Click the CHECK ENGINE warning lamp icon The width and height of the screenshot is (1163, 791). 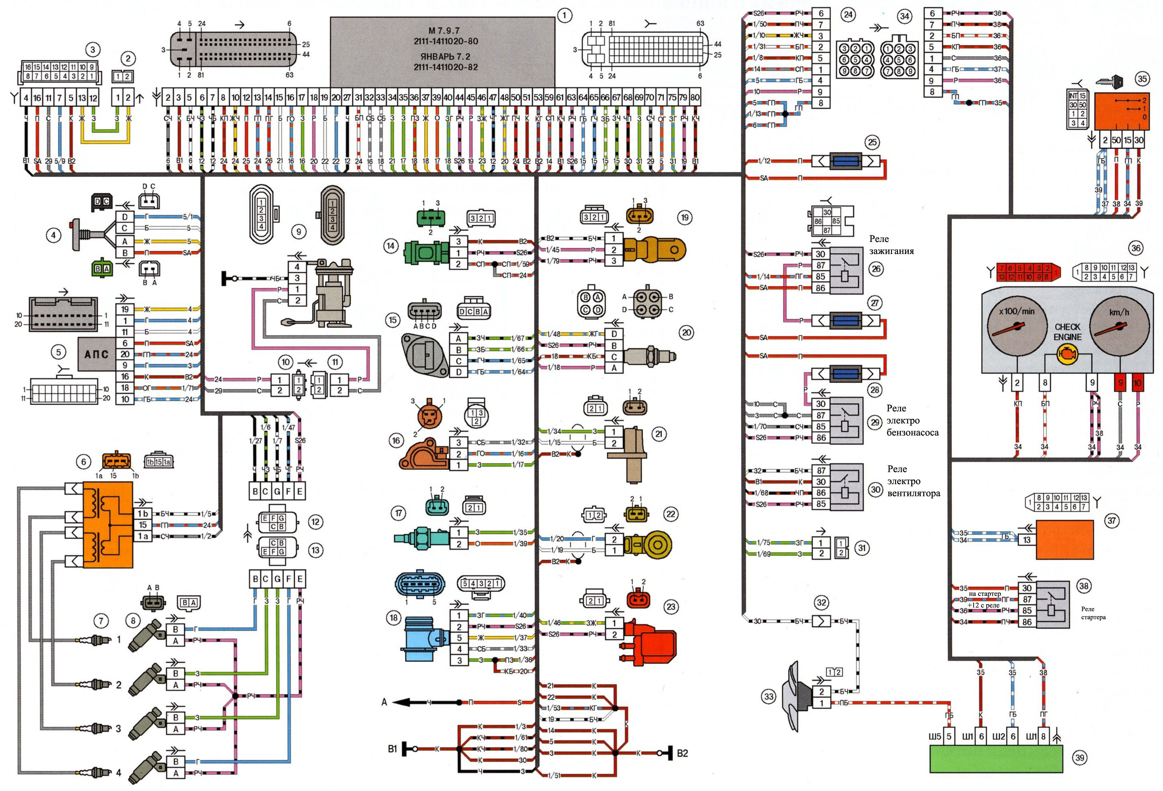click(x=1067, y=356)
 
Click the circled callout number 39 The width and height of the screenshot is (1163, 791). click(x=1080, y=758)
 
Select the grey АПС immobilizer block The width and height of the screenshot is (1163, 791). click(x=97, y=354)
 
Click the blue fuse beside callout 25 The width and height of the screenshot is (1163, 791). click(x=845, y=161)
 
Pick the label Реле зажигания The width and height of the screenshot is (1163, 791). click(x=891, y=245)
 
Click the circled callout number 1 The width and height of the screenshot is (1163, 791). click(x=565, y=16)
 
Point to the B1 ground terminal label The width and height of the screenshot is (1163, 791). click(x=393, y=749)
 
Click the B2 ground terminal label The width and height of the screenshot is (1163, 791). click(x=682, y=753)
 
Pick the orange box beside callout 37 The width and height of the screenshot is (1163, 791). click(x=1064, y=539)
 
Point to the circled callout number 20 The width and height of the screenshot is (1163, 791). click(x=686, y=332)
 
